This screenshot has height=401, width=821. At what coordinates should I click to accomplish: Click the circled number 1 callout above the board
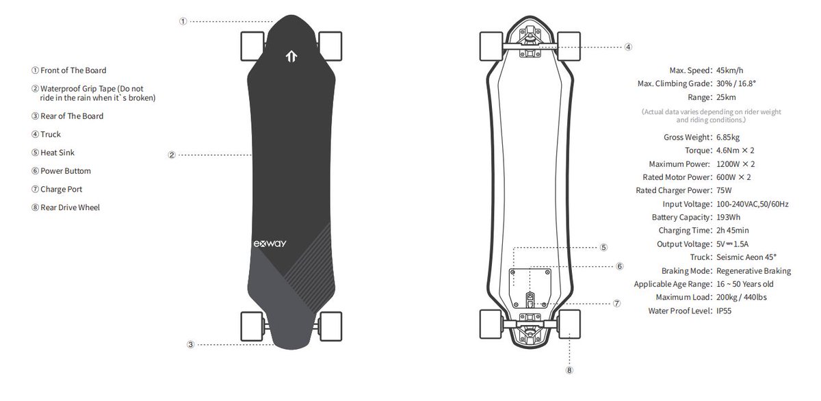click(183, 21)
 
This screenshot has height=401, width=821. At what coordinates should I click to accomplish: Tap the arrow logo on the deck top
click(290, 57)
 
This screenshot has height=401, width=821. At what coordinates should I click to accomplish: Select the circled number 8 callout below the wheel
click(569, 370)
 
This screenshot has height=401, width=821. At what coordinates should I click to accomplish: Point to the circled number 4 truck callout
click(628, 47)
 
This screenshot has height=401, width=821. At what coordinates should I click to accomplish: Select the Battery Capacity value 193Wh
click(729, 217)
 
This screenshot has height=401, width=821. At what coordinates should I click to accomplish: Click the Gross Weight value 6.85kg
click(730, 138)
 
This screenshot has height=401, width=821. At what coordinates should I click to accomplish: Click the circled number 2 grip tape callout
click(172, 155)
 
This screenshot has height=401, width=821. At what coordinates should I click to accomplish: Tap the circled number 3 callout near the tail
click(191, 345)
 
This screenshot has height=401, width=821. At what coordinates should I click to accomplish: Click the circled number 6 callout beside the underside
click(619, 266)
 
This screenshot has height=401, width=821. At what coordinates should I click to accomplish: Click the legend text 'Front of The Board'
click(73, 70)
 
